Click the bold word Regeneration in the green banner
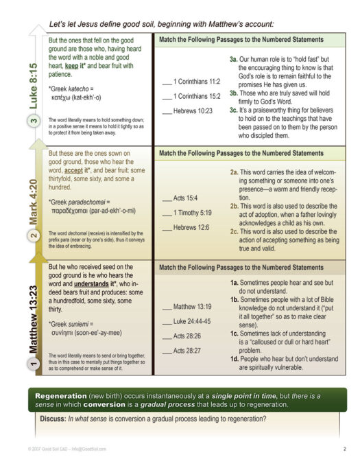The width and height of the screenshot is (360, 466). [64, 397]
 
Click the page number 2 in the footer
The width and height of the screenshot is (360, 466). [344, 449]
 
